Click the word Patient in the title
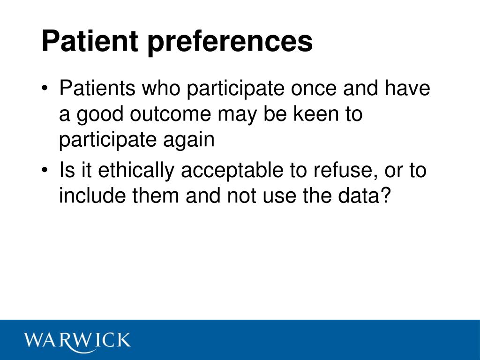tap(90, 41)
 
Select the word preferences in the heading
tap(230, 43)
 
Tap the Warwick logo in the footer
tap(77, 341)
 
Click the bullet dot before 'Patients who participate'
tap(45, 88)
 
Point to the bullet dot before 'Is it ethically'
tap(45, 170)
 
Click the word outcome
tap(171, 114)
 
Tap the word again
tap(188, 140)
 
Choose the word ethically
tap(136, 171)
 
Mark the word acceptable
tap(232, 171)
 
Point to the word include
tap(92, 195)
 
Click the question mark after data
tap(386, 195)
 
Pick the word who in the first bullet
tap(161, 88)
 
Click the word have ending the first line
tap(407, 88)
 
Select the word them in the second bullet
tap(156, 195)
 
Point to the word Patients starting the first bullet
tap(97, 88)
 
